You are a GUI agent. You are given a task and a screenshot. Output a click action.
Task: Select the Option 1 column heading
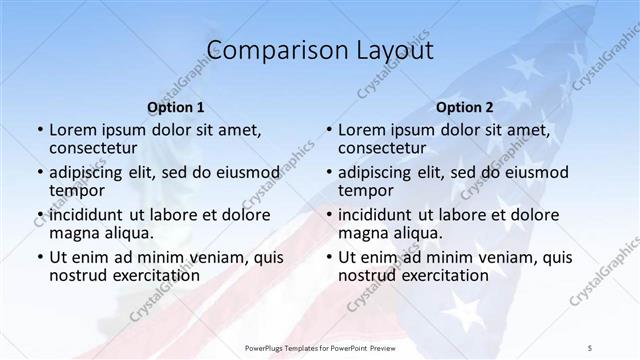(175, 107)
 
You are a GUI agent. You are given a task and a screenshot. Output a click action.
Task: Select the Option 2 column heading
(465, 107)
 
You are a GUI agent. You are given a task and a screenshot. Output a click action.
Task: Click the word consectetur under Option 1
(93, 148)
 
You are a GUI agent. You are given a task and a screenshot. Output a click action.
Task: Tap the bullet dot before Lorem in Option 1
(39, 130)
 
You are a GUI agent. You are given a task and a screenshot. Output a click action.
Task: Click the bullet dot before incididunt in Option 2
(329, 215)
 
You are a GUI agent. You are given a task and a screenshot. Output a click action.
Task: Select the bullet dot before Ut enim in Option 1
(39, 257)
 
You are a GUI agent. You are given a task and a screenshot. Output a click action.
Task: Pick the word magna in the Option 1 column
(76, 233)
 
